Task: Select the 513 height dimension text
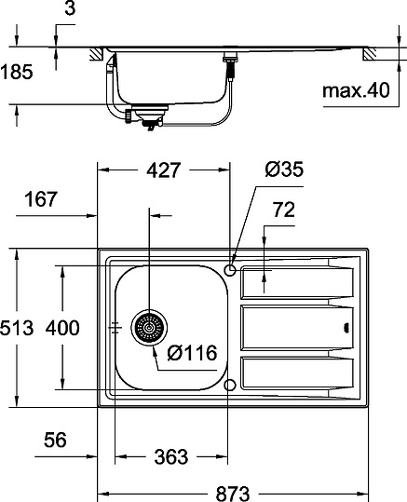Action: click(17, 328)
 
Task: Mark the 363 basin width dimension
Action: click(170, 456)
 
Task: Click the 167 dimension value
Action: click(41, 198)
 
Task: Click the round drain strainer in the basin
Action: click(147, 328)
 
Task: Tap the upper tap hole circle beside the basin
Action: click(229, 269)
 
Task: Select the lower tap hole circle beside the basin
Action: click(229, 385)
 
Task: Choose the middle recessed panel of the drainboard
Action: click(292, 327)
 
